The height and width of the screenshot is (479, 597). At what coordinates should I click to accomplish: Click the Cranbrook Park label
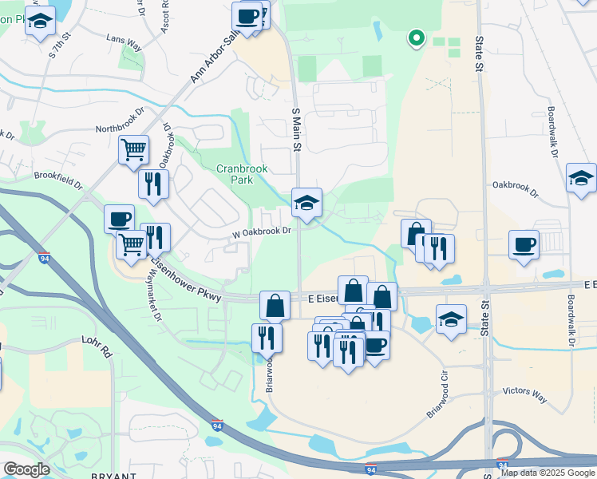point(242,175)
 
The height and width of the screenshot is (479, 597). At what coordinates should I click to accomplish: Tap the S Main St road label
point(295,130)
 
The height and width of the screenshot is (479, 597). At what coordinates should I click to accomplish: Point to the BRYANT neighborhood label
point(115,475)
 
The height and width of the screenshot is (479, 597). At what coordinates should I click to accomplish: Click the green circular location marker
point(415,37)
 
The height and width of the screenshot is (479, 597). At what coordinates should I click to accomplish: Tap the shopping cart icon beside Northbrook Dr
point(134,149)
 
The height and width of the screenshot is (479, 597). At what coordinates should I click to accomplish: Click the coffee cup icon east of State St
point(524,245)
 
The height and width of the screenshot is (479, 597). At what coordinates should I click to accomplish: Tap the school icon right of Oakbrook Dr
point(581,179)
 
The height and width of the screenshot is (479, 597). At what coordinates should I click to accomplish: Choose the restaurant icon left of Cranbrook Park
point(153,184)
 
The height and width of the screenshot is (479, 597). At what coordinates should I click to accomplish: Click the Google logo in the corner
point(26,469)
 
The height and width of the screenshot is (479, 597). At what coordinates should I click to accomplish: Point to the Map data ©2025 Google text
point(547,473)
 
